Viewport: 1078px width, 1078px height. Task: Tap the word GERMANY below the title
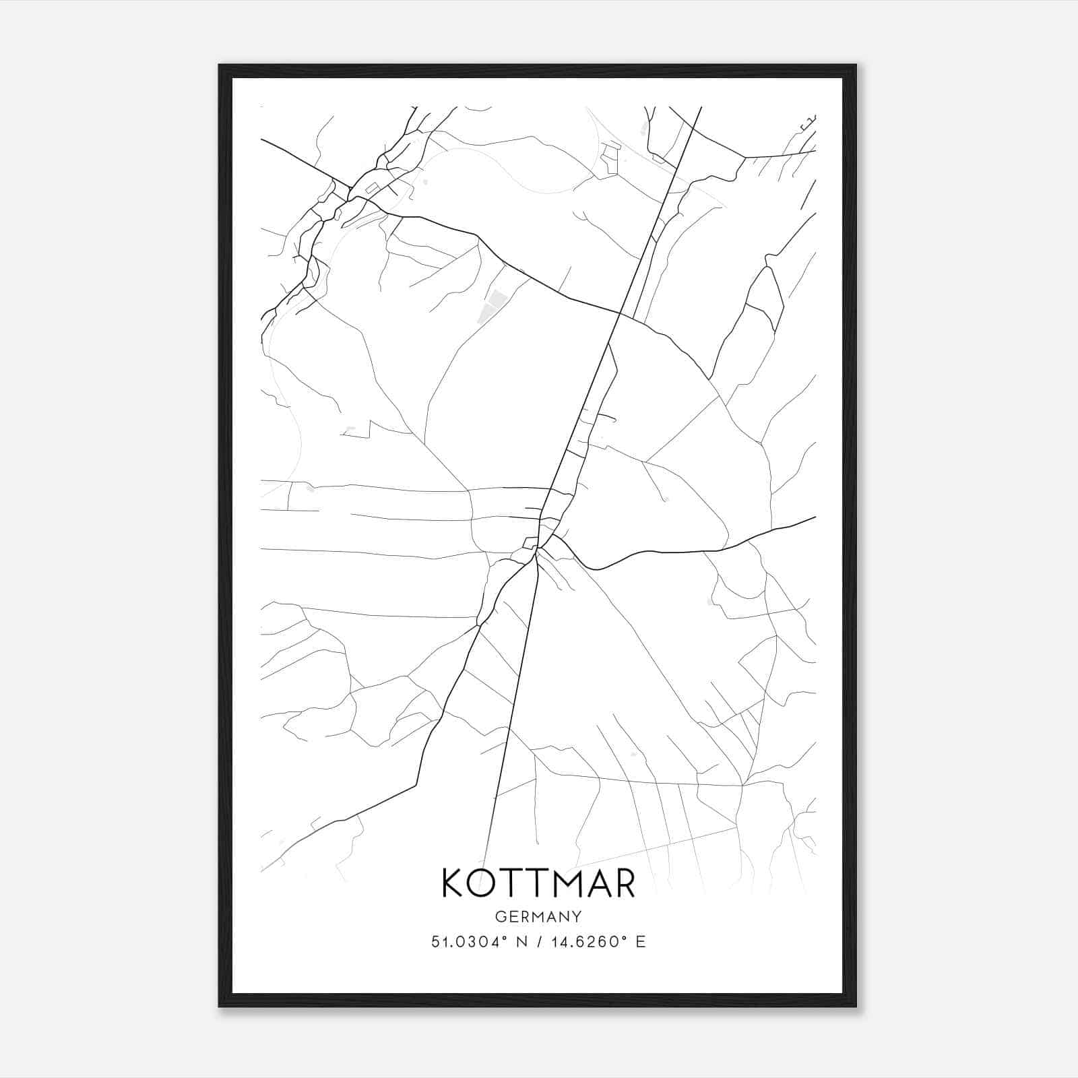(x=538, y=917)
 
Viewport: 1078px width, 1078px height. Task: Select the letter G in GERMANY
(x=499, y=917)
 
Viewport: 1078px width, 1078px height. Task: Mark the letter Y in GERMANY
(x=577, y=917)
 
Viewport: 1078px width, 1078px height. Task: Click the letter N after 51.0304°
(x=521, y=942)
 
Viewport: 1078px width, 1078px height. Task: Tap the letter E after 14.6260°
(x=641, y=942)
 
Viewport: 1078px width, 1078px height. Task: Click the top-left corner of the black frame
(x=220, y=66)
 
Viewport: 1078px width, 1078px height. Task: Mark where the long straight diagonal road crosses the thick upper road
(x=620, y=313)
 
